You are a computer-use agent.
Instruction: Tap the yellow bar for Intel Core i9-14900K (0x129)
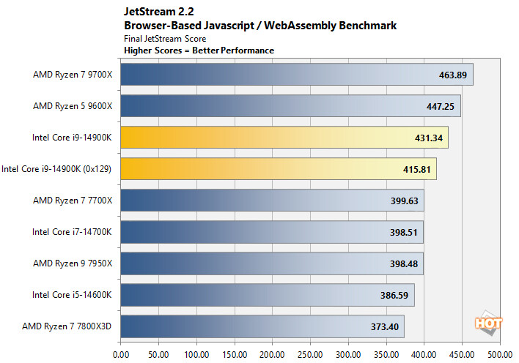[x=278, y=168]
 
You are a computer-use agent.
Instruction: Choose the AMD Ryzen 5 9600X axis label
[x=73, y=106]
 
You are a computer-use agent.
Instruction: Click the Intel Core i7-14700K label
[x=72, y=232]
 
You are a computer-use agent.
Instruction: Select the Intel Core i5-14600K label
[x=72, y=295]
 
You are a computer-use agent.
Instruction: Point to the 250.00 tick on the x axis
[x=310, y=353]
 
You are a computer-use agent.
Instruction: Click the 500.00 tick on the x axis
[x=500, y=353]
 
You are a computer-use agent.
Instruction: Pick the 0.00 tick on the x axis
[x=120, y=353]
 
